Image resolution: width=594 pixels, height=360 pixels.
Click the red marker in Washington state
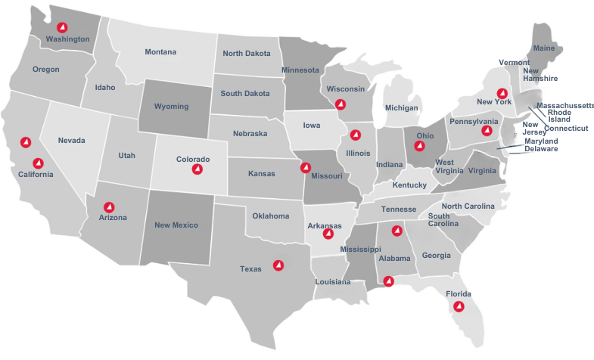tap(62, 28)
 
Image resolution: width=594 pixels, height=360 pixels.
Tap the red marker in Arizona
tap(109, 206)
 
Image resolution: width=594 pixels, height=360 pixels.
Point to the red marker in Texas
tap(278, 265)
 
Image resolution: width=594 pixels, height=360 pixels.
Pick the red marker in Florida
tap(458, 306)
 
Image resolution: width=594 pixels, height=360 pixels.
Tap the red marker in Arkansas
tap(328, 234)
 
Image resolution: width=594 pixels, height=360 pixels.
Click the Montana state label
tap(160, 52)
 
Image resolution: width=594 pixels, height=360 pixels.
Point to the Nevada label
tap(71, 141)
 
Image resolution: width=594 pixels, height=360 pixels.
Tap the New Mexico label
tap(176, 225)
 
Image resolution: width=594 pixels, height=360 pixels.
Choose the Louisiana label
tap(333, 282)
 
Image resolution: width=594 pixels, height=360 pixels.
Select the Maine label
tap(544, 48)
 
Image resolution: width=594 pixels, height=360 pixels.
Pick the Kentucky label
tap(409, 185)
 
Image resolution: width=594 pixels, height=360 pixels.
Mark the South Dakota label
tap(244, 94)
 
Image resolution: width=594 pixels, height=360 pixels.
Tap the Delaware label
tap(541, 149)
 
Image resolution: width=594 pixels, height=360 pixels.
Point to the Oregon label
tap(45, 70)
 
